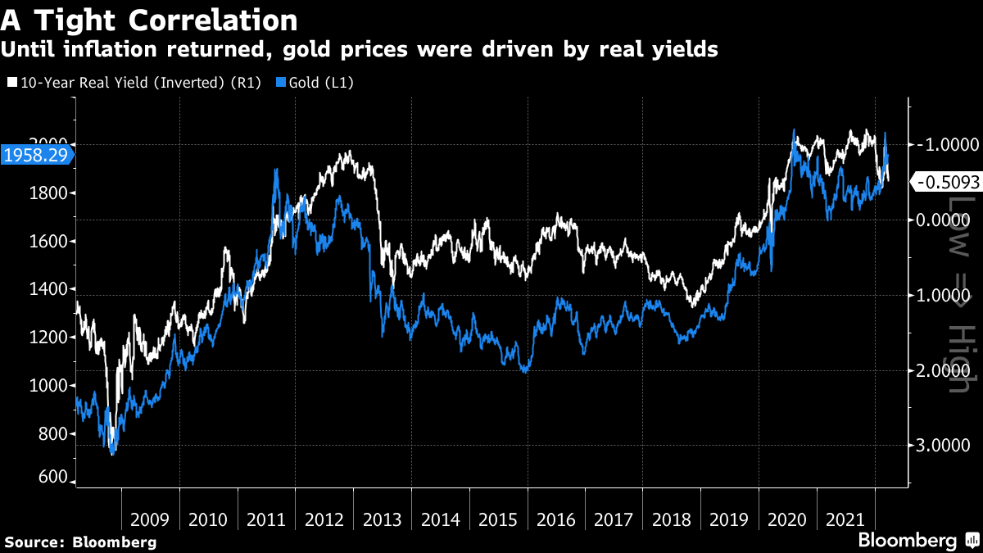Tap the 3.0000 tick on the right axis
(944, 446)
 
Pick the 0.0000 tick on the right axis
(944, 220)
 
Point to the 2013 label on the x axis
(383, 519)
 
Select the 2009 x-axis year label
(150, 519)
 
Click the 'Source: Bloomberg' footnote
(80, 542)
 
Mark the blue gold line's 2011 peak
(275, 170)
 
